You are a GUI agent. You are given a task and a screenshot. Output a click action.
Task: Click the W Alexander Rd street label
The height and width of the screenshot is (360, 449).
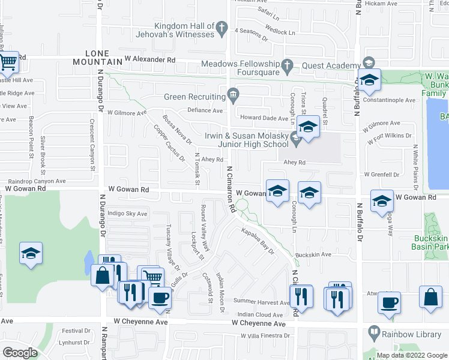coord(150,60)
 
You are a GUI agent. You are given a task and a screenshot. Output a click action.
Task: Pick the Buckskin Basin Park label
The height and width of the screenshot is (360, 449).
coord(430,242)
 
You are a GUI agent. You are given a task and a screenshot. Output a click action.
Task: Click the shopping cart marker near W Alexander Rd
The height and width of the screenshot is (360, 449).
coord(8,61)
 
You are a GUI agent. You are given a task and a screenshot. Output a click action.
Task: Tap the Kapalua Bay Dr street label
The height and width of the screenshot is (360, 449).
coord(258,241)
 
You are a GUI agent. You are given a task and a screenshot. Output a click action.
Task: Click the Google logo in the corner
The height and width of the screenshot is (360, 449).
coord(19,353)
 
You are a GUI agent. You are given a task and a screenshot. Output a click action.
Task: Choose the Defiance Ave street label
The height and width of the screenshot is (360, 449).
coord(205,110)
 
